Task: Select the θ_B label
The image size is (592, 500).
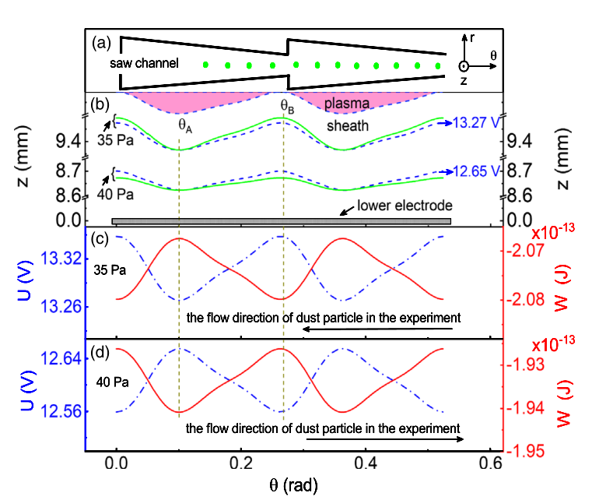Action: point(288,104)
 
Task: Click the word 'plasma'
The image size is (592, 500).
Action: point(344,104)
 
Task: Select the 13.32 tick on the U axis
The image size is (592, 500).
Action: point(59,261)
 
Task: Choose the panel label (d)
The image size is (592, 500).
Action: point(101,352)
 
